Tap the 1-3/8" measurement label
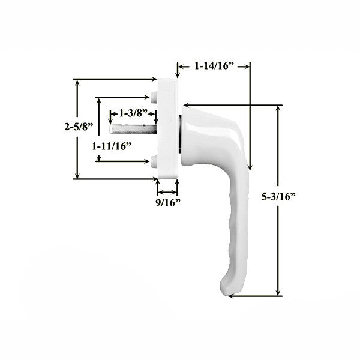point(133,112)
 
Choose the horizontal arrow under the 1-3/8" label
point(133,121)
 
